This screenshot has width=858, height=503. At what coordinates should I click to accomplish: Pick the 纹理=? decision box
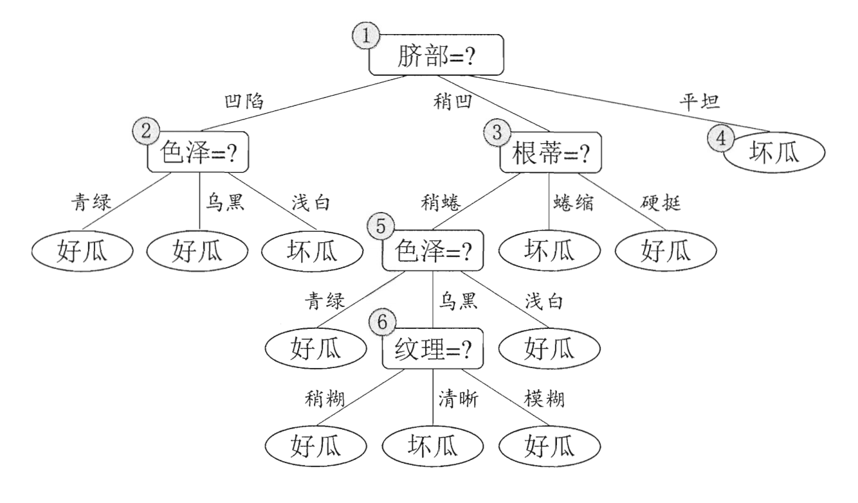pyautogui.click(x=432, y=351)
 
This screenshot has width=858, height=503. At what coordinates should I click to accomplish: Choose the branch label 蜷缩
pyautogui.click(x=571, y=204)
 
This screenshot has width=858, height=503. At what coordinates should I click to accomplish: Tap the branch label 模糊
pyautogui.click(x=545, y=400)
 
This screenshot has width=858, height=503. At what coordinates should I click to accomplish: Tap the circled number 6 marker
pyautogui.click(x=382, y=323)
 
